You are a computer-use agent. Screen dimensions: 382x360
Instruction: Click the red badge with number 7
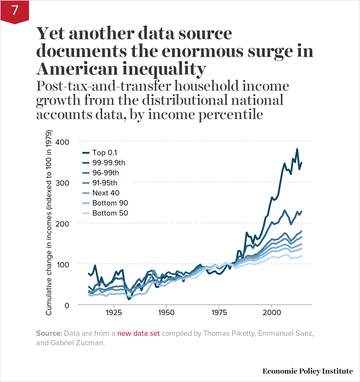pyautogui.click(x=15, y=11)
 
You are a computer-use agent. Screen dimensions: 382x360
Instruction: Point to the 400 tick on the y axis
pyautogui.click(x=62, y=142)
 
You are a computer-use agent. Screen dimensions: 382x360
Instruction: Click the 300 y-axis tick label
pyautogui.click(x=62, y=183)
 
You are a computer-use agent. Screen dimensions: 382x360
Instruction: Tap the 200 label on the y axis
pyautogui.click(x=62, y=224)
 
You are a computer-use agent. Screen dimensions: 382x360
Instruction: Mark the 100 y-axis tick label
pyautogui.click(x=63, y=265)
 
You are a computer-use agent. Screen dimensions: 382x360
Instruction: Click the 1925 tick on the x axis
pyautogui.click(x=114, y=313)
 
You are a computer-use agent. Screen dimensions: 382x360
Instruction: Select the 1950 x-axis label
pyautogui.click(x=166, y=313)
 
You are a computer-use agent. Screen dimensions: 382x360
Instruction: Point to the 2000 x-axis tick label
pyautogui.click(x=271, y=313)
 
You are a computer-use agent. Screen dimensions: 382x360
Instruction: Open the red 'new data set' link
pyautogui.click(x=138, y=333)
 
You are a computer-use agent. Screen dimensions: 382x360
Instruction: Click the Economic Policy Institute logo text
pyautogui.click(x=307, y=371)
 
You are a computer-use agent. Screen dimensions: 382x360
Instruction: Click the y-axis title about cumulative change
pyautogui.click(x=49, y=222)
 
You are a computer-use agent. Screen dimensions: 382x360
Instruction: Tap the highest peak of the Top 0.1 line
pyautogui.click(x=297, y=149)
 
